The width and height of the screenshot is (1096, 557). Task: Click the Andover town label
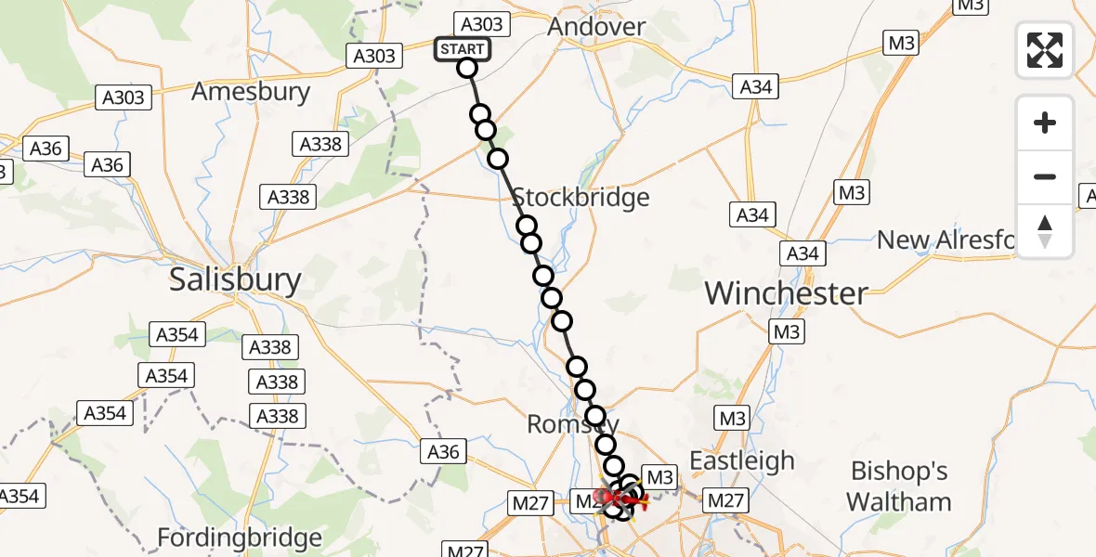[x=596, y=27]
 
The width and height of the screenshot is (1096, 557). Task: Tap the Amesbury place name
[x=250, y=92]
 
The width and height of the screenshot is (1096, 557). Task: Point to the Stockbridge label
[x=580, y=198]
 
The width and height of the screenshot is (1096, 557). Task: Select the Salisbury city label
[x=235, y=280]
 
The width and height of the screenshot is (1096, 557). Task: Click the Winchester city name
[x=787, y=293]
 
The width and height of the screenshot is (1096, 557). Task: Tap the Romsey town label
[x=573, y=424]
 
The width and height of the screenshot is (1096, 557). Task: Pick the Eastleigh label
[x=742, y=461]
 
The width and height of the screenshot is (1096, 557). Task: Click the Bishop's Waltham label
[x=898, y=486]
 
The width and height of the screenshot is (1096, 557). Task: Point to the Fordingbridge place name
[x=240, y=538]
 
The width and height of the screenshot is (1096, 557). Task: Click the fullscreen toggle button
[x=1045, y=50]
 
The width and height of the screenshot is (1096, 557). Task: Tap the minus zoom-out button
[x=1045, y=176]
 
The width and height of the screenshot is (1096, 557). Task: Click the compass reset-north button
[x=1045, y=230]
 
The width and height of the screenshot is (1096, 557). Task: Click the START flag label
[x=462, y=49]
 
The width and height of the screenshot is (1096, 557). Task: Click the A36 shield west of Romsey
[x=445, y=452]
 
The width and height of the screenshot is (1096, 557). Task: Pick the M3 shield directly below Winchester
[x=786, y=332]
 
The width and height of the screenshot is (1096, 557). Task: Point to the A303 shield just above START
[x=480, y=25]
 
